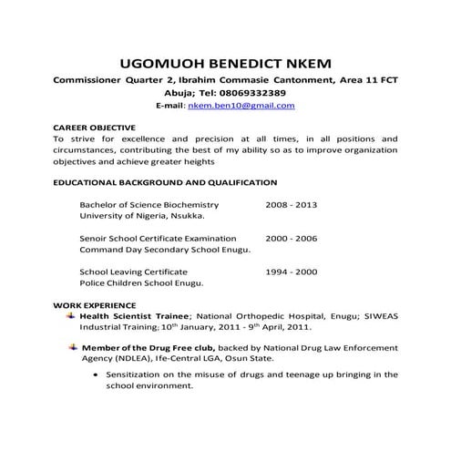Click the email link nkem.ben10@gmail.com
(241, 106)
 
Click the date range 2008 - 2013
(291, 205)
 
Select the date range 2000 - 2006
(291, 237)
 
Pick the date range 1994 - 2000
(291, 272)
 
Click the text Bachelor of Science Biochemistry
(149, 205)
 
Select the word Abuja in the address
(181, 93)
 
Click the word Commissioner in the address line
(96, 80)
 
